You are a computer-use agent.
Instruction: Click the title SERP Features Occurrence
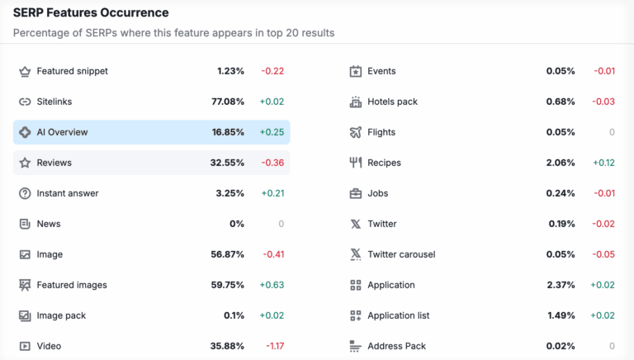[x=91, y=13]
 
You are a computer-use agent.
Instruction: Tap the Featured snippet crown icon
[x=25, y=71]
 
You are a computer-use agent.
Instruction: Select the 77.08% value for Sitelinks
[x=228, y=102]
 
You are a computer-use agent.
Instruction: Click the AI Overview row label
[x=62, y=132]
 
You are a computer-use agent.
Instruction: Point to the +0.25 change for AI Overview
[x=272, y=132]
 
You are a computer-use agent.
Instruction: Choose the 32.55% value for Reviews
[x=227, y=163]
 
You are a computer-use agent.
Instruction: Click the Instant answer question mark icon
[x=25, y=193]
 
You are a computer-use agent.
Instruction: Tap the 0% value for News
[x=237, y=224]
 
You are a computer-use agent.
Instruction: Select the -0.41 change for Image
[x=272, y=254]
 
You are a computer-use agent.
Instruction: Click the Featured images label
[x=72, y=285]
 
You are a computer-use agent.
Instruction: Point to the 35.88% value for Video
[x=227, y=346]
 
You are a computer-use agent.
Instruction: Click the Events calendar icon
[x=356, y=71]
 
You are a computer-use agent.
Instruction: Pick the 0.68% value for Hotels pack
[x=561, y=102]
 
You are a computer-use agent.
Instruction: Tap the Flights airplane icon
[x=356, y=132]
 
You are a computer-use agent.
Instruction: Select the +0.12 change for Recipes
[x=603, y=163]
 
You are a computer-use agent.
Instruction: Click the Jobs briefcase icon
[x=356, y=193]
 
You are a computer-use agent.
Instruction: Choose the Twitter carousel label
[x=401, y=254]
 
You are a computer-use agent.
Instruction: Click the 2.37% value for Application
[x=561, y=285]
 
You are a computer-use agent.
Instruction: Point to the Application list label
[x=398, y=315]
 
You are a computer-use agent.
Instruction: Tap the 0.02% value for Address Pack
[x=561, y=346]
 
